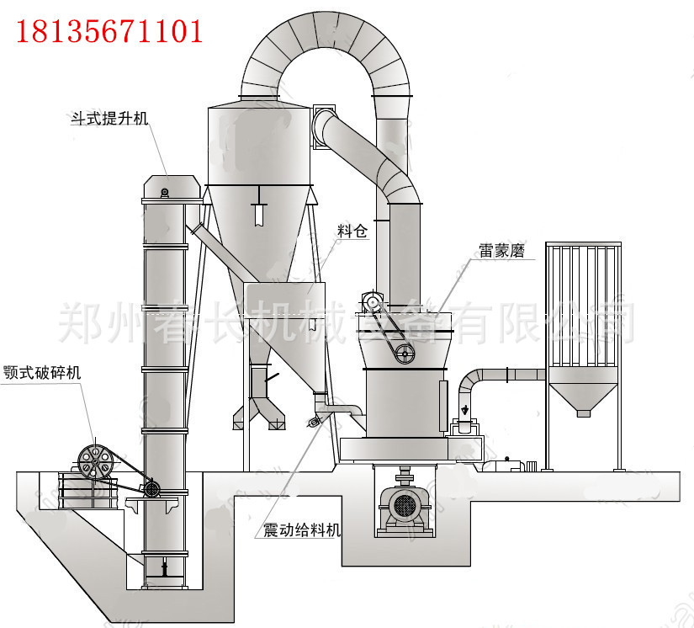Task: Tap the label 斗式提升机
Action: (109, 119)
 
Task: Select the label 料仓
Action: (352, 231)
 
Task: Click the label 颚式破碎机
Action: (42, 372)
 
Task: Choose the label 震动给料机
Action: (301, 530)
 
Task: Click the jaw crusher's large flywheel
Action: (94, 460)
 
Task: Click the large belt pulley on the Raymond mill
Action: (405, 354)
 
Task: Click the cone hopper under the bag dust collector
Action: (584, 396)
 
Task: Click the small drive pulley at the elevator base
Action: (152, 488)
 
